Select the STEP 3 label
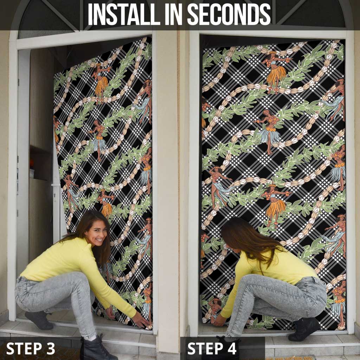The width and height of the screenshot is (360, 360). point(31,348)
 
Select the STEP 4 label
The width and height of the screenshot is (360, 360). point(212,348)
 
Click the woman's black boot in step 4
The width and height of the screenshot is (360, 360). point(304,329)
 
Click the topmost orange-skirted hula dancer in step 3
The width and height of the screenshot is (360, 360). point(101,82)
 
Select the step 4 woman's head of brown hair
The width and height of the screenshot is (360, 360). point(248,239)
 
